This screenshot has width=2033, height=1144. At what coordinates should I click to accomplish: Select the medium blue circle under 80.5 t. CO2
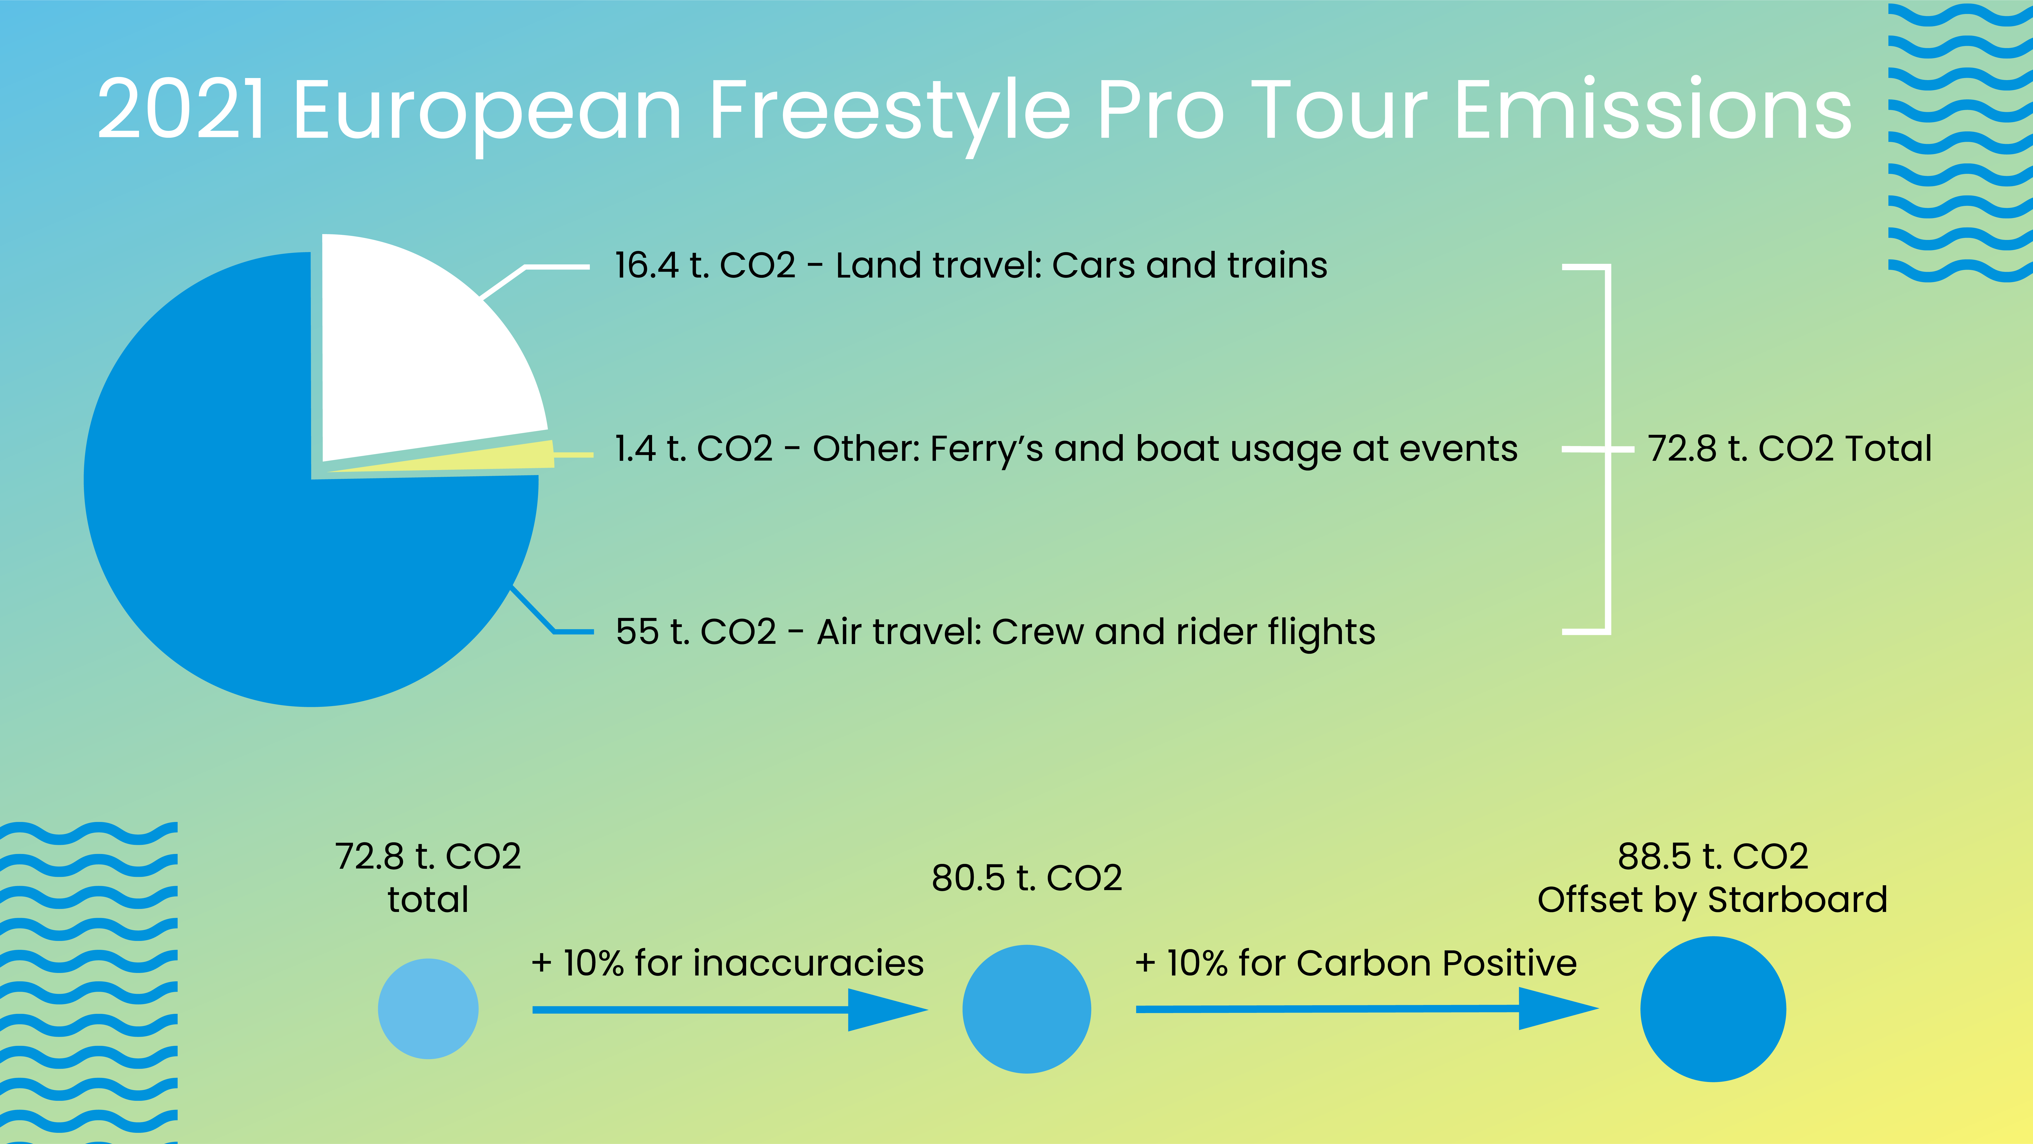(x=1027, y=1009)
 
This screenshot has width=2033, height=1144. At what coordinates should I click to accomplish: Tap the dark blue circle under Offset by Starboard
(x=1713, y=1009)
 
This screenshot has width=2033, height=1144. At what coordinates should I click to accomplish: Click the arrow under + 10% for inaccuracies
(x=730, y=1010)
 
